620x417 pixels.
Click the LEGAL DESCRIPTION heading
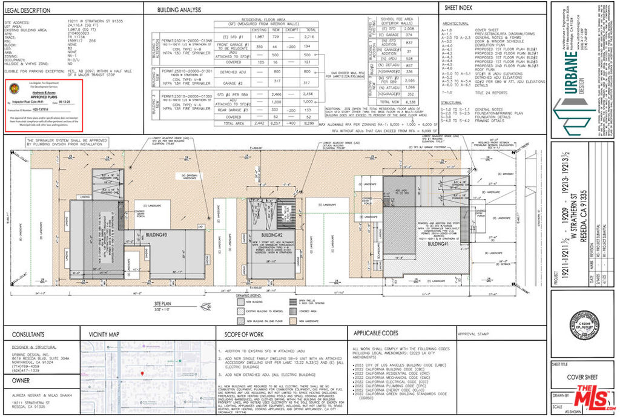[x=29, y=10]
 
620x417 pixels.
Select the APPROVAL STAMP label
[x=473, y=333]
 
